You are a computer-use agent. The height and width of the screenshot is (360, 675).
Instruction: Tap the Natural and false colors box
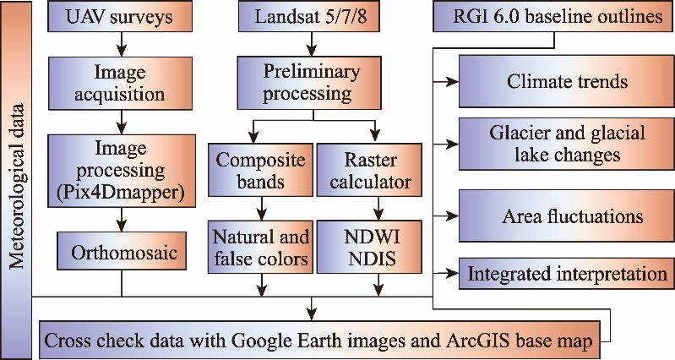point(260,247)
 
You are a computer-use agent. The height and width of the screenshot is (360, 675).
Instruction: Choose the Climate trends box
point(566,81)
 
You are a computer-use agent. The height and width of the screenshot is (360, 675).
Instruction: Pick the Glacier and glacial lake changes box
point(566,144)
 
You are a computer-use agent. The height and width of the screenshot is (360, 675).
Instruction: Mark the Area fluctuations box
point(566,215)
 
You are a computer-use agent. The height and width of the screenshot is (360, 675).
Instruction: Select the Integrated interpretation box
point(566,274)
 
